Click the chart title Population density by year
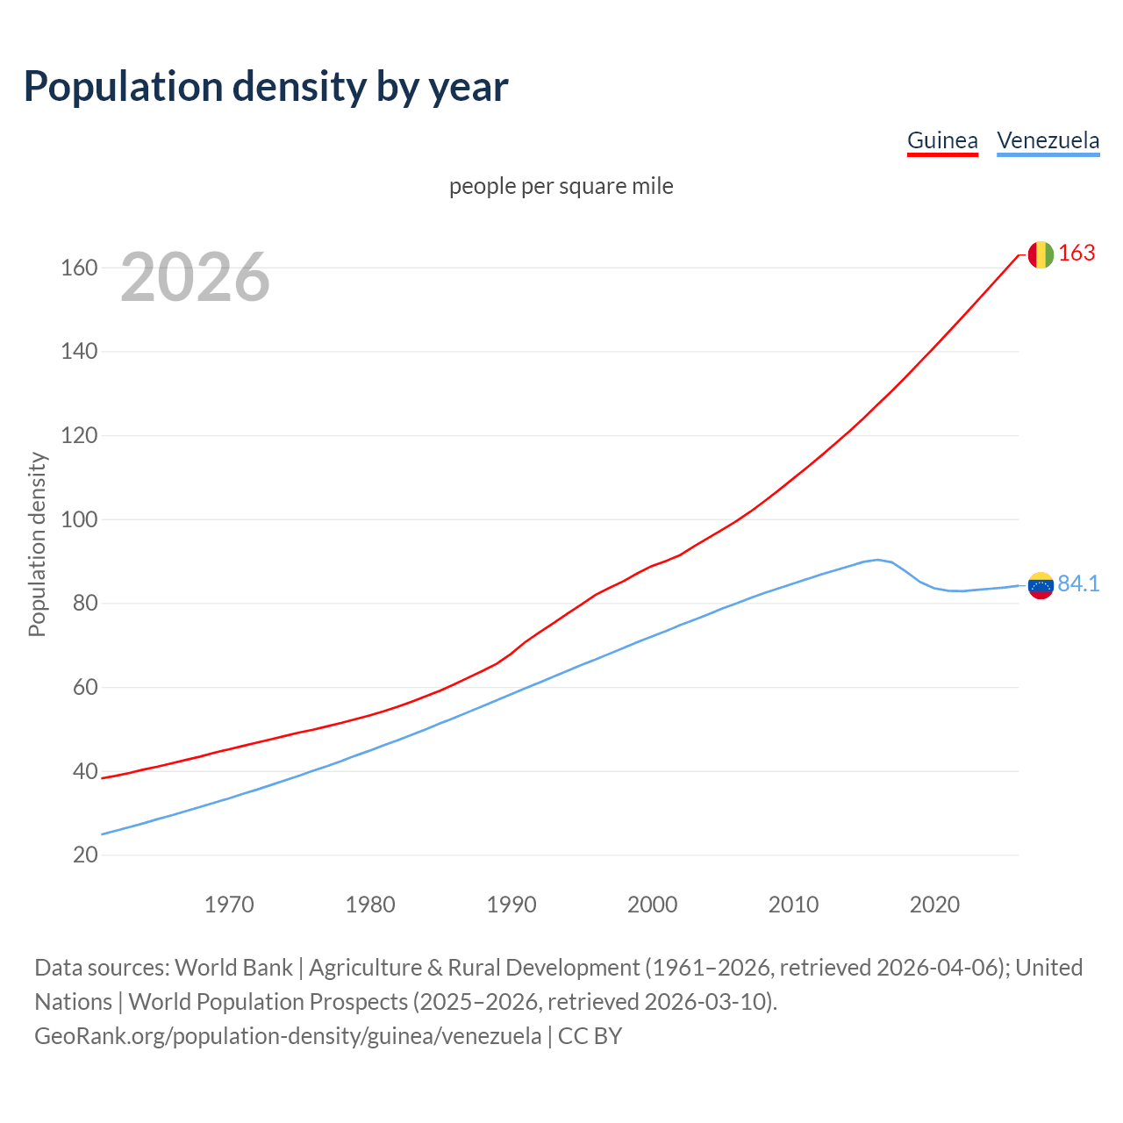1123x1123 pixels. point(266,86)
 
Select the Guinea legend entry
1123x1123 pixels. point(942,140)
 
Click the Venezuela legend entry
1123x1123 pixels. point(1048,140)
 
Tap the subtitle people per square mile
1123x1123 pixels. point(561,186)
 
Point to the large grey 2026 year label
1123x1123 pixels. point(195,277)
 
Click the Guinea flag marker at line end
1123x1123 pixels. point(1040,254)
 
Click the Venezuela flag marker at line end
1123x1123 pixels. point(1040,585)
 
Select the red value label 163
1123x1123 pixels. point(1077,254)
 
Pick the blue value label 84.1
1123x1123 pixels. point(1078,584)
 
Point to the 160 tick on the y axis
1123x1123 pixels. point(79,268)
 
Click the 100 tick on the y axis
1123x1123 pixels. point(79,519)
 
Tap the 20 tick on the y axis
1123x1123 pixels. point(84,855)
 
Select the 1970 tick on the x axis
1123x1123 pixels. point(229,905)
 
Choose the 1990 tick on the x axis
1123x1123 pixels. point(511,905)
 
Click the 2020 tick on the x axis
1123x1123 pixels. point(934,905)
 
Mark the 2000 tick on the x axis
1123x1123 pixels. point(652,905)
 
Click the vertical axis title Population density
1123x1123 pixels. point(37,544)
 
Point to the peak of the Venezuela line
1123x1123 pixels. point(877,560)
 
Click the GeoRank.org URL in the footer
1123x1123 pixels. point(288,1036)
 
